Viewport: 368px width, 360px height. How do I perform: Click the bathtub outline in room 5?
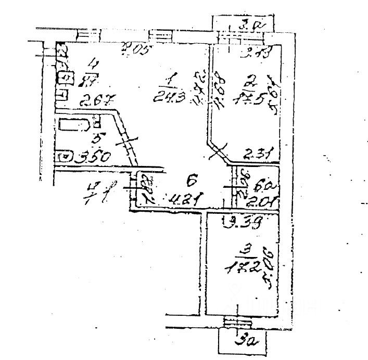[73, 125]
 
